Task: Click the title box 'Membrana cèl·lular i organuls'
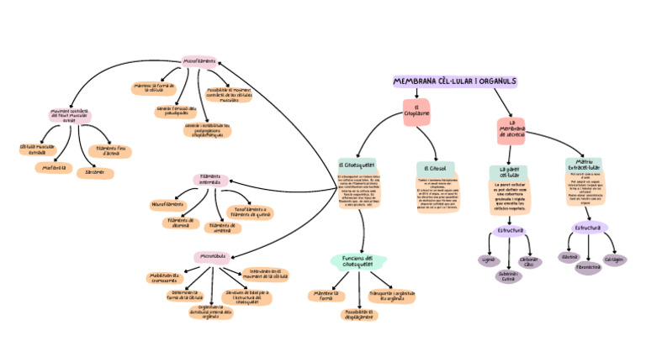point(455,81)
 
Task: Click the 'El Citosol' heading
point(435,168)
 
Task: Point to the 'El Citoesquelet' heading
point(357,165)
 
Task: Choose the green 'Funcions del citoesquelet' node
point(359,261)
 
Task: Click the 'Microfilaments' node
point(199,61)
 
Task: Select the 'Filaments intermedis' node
point(210,179)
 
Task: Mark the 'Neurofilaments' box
point(167,205)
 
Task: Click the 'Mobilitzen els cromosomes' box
point(165,277)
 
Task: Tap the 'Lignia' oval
point(488,260)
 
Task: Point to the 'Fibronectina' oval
point(588,268)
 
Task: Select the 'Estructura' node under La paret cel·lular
point(511,230)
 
